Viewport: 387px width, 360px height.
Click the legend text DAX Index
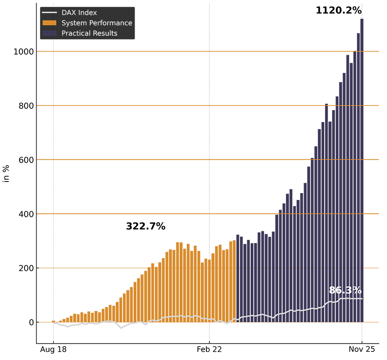click(x=79, y=13)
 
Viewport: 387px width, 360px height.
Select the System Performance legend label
click(x=97, y=23)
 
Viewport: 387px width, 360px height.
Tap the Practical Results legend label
click(x=89, y=34)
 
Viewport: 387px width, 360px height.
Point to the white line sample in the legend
click(x=49, y=13)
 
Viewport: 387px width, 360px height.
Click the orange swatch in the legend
click(x=49, y=23)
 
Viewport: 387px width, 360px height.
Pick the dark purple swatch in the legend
click(x=49, y=34)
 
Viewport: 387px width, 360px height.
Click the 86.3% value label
click(x=345, y=291)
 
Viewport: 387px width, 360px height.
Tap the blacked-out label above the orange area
click(x=145, y=226)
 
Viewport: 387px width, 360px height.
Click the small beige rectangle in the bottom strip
click(x=108, y=332)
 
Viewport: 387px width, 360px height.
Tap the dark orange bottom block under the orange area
click(x=178, y=332)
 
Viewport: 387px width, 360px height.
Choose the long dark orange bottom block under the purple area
click(x=296, y=332)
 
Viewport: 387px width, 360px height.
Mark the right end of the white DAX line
click(x=362, y=298)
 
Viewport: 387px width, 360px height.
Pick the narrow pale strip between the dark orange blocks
click(x=226, y=332)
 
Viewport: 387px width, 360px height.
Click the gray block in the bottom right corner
click(x=373, y=331)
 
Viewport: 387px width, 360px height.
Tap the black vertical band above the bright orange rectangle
click(x=44, y=159)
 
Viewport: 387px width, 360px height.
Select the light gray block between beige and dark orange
click(x=131, y=332)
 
